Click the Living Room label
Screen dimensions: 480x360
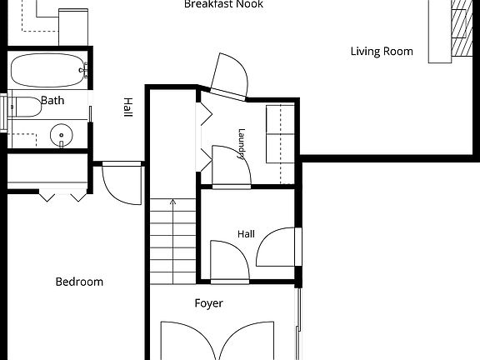382,52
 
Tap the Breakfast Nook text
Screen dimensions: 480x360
223,4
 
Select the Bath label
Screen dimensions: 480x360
52,100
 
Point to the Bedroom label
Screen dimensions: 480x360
79,282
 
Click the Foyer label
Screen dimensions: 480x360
209,303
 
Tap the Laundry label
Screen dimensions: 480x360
242,144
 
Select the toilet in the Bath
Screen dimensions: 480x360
25,107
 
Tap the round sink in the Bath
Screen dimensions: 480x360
61,135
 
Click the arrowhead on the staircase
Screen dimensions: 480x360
173,202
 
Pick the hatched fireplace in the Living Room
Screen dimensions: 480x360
462,28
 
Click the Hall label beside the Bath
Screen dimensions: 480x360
128,107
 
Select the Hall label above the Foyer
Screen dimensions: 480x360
246,234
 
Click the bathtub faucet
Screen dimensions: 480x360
84,70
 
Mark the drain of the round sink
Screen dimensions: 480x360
61,135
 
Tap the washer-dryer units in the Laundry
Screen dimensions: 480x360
280,134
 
